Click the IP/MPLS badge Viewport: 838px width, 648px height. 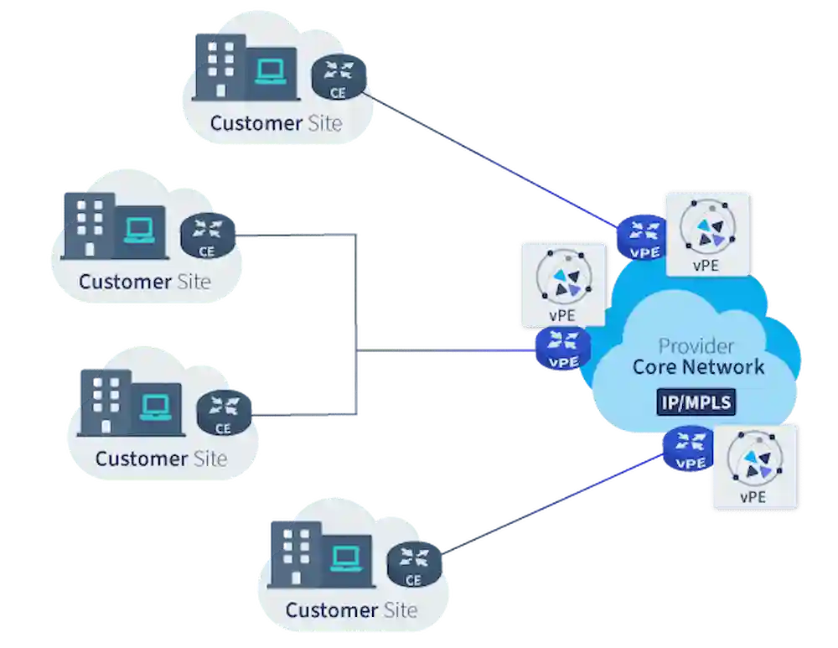(695, 402)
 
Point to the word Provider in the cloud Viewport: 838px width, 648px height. (696, 345)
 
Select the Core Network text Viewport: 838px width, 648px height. (698, 367)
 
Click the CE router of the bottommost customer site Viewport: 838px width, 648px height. (413, 562)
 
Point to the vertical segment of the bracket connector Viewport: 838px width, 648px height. (358, 324)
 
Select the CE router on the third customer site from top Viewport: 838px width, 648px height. (223, 412)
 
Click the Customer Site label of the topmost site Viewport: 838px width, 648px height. (276, 123)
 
